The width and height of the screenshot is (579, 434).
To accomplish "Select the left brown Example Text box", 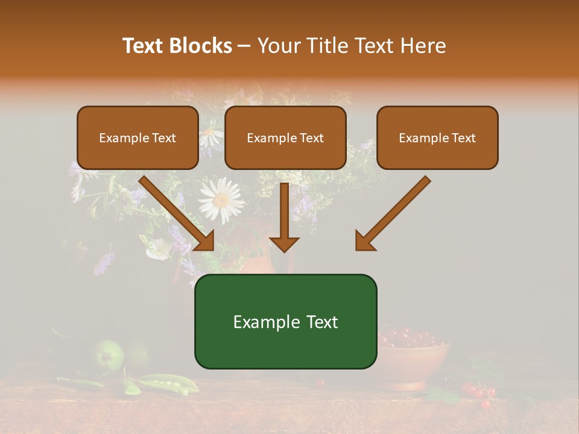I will (138, 138).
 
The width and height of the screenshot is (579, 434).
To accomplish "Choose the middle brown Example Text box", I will (285, 138).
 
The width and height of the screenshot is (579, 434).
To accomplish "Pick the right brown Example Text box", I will (437, 138).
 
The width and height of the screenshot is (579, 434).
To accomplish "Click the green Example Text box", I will (285, 322).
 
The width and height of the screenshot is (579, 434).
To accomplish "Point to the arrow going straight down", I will (284, 217).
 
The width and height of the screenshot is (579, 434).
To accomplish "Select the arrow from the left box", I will (178, 214).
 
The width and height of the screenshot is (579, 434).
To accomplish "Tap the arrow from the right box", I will (392, 214).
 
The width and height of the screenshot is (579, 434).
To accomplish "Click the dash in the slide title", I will (244, 46).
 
